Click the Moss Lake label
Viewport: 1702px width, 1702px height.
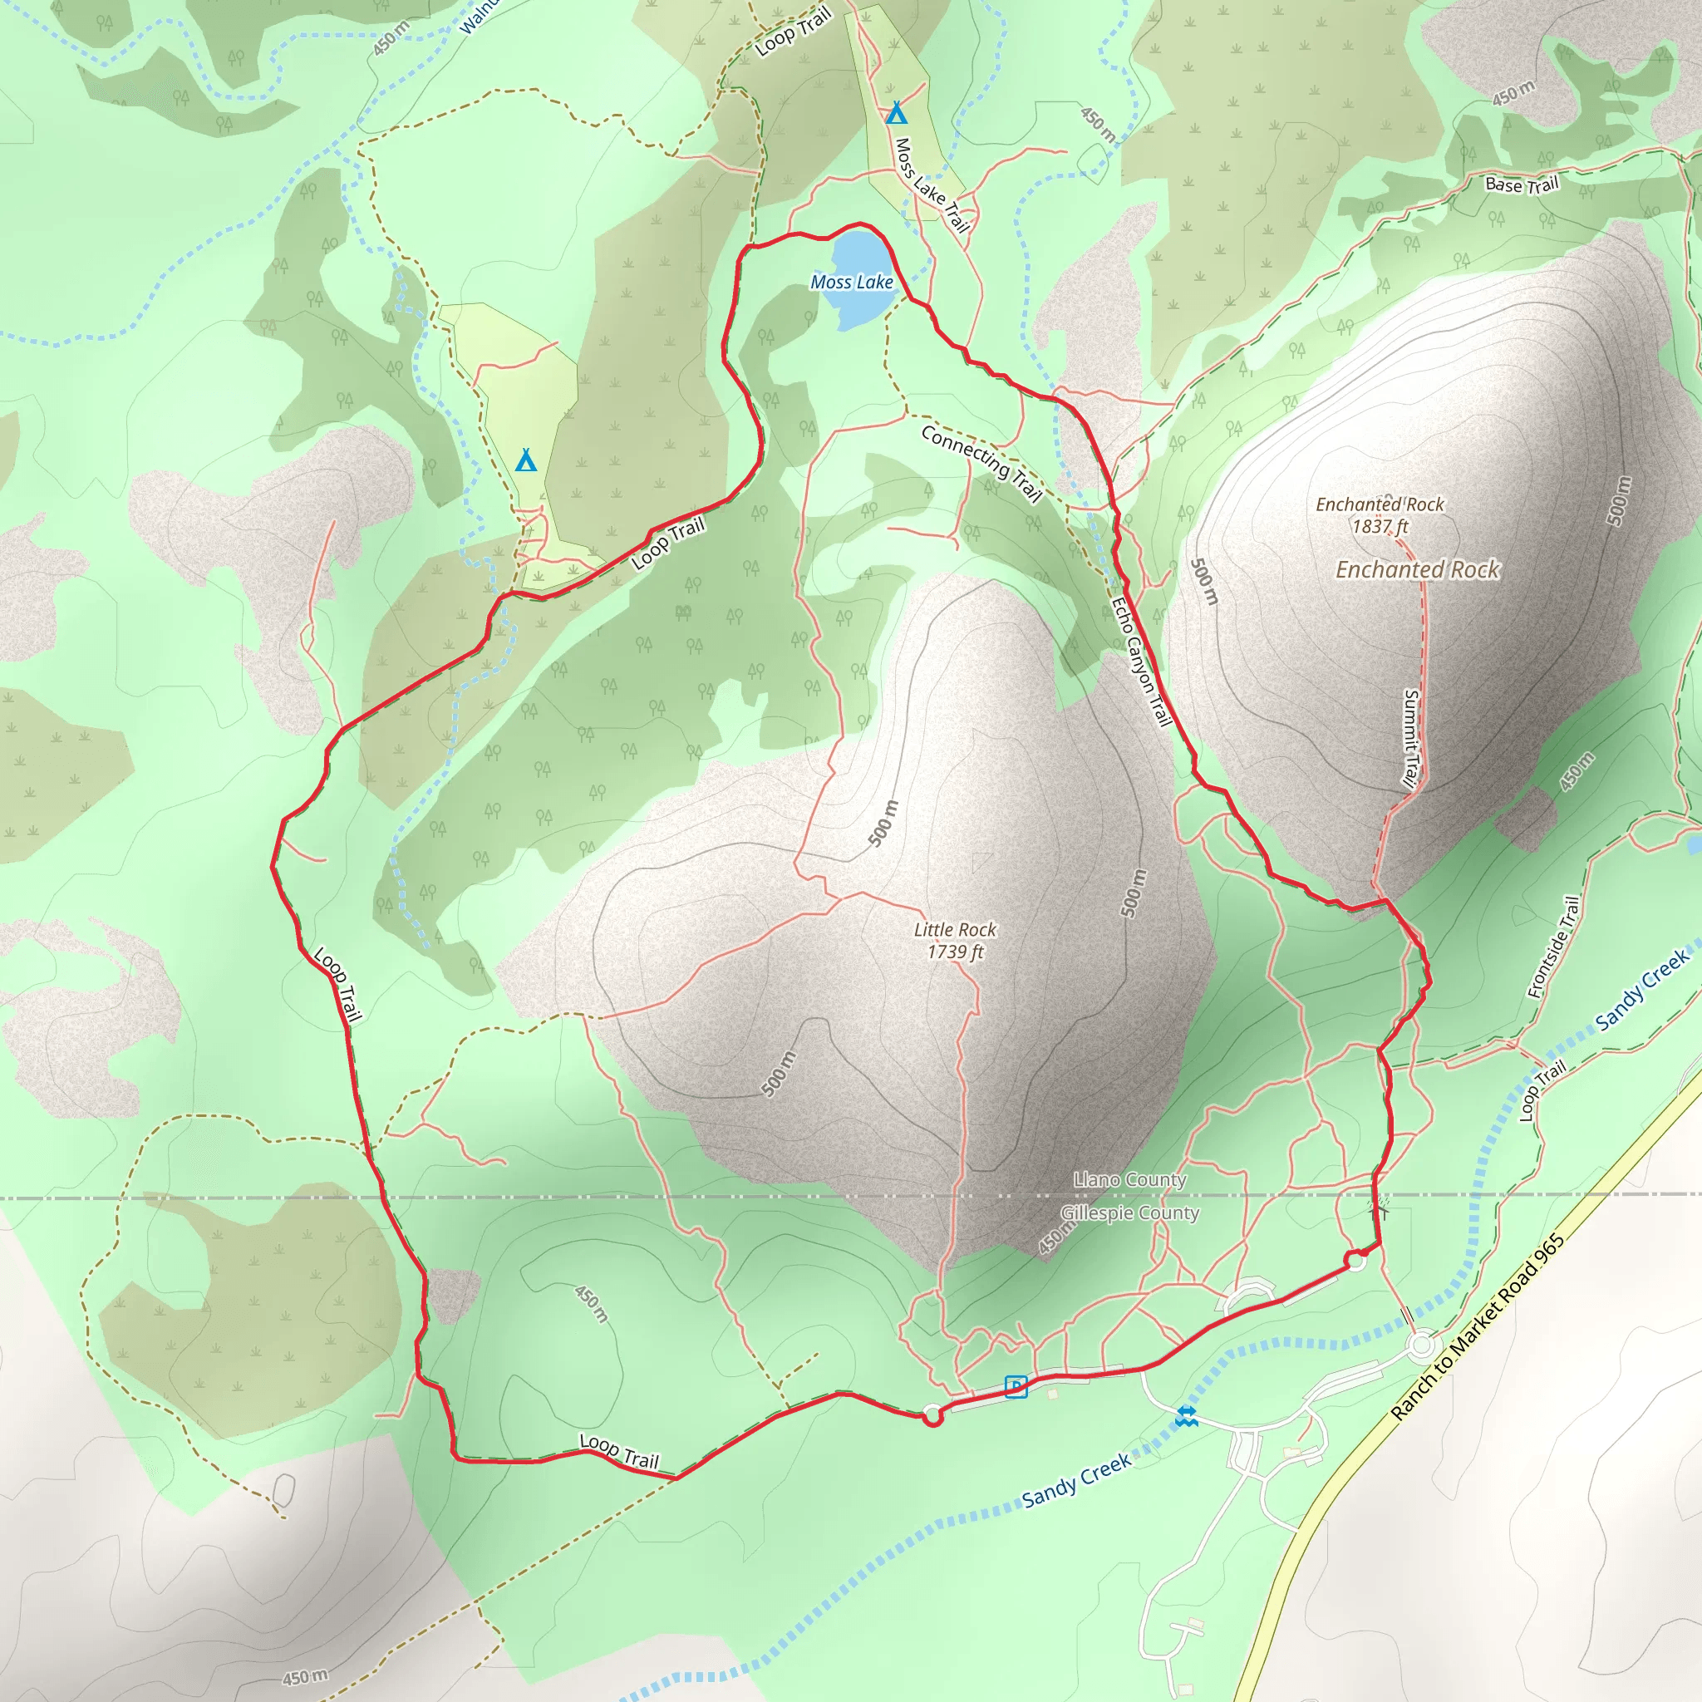point(851,282)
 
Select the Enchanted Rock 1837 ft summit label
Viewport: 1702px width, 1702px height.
point(1380,515)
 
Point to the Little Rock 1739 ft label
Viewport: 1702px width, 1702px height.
point(955,940)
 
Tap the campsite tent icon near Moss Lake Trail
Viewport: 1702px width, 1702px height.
point(896,113)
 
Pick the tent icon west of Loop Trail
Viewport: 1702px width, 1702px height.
point(526,460)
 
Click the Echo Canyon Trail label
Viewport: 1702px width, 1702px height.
point(1141,662)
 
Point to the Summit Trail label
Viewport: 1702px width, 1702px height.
point(1411,737)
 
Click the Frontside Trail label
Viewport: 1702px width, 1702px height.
point(1555,947)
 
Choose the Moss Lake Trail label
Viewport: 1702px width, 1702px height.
point(931,185)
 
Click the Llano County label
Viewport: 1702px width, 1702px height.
point(1129,1179)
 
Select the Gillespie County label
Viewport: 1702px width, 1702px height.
point(1129,1213)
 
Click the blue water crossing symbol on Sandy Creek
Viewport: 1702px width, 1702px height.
point(1187,1415)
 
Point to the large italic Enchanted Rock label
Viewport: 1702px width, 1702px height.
point(1418,570)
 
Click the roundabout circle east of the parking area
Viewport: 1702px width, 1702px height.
point(1420,1345)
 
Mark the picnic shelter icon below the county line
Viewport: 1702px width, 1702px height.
point(1380,1208)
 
